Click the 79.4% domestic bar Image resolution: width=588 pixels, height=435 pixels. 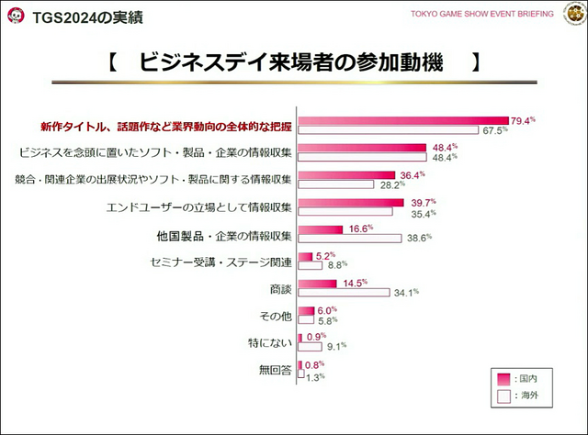coord(403,120)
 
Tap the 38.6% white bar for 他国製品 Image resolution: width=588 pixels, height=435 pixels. coord(350,238)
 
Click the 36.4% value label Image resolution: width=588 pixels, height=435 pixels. coord(411,174)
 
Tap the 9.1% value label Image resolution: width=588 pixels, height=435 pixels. coord(336,347)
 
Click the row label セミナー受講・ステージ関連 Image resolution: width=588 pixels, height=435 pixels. coord(220,262)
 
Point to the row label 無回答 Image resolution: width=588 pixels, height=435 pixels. coord(275,370)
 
